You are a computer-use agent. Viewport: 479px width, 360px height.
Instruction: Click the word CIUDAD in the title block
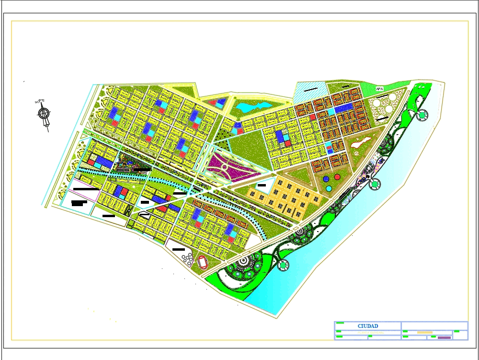(367, 326)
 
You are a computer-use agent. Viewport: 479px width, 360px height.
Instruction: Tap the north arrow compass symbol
(44, 114)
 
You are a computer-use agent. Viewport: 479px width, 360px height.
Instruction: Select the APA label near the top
(379, 89)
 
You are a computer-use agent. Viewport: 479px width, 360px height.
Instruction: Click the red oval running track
(203, 262)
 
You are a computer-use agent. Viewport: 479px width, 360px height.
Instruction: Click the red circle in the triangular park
(337, 177)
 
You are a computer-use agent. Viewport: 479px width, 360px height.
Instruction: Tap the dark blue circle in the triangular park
(326, 179)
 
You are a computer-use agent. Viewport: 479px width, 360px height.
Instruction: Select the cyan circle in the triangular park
(329, 188)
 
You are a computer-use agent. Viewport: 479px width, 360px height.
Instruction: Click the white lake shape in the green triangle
(361, 141)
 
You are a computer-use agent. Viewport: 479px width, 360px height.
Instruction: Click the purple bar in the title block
(444, 337)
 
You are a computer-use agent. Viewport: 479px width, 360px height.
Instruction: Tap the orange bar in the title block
(424, 332)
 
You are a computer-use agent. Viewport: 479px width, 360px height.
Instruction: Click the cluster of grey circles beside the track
(187, 257)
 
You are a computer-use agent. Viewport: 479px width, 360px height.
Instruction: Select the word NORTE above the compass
(40, 101)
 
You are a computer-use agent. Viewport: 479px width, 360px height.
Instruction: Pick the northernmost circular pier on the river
(422, 115)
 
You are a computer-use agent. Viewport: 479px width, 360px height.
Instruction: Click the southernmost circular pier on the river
(284, 264)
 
